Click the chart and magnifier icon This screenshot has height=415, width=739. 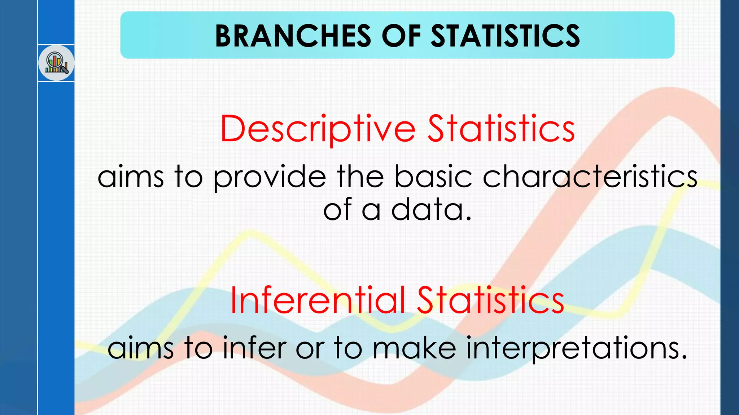[56, 63]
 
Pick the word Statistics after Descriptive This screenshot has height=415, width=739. [501, 129]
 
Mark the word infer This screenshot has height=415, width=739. [255, 348]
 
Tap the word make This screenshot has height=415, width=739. [414, 348]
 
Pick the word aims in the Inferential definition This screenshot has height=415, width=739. [141, 348]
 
